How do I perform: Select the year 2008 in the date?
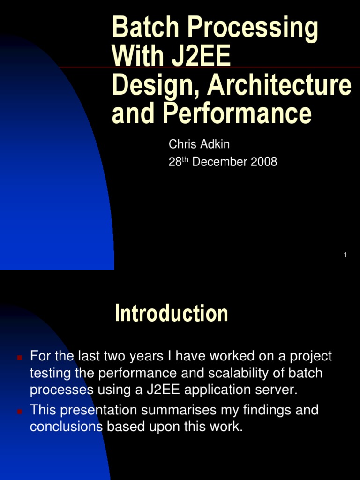(264, 162)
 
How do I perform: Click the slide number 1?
(345, 255)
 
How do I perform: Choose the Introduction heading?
(172, 313)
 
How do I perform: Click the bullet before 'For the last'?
(20, 358)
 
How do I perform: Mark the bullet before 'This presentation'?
(20, 412)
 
